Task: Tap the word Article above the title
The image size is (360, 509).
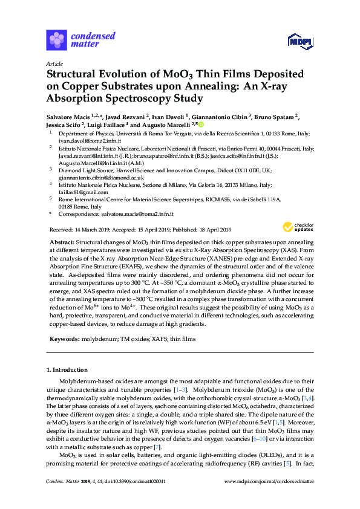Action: [54, 63]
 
